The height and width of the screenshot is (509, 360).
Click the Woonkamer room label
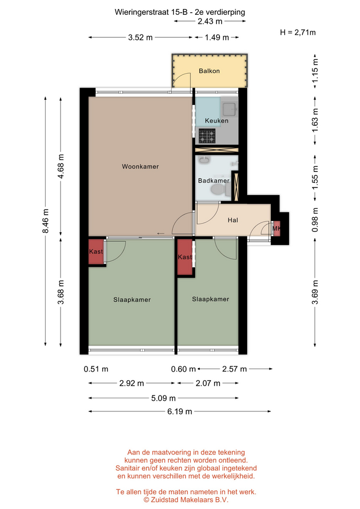point(140,166)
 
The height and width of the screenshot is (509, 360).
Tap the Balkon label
point(209,71)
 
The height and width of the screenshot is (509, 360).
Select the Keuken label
point(216,121)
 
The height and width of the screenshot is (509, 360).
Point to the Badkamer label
point(214,180)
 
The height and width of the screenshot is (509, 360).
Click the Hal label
point(233,220)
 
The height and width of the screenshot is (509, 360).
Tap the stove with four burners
point(207,136)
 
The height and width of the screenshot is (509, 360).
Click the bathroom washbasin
point(205,160)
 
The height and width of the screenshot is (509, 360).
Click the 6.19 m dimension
point(180,411)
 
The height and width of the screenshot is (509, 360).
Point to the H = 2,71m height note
point(297,32)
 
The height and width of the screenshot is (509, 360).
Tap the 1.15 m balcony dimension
point(314,71)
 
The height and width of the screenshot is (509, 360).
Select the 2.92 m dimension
point(131,383)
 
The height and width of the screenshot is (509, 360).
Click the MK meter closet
point(277,228)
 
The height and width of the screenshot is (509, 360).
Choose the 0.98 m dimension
point(314,220)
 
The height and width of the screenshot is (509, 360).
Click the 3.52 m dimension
point(140,38)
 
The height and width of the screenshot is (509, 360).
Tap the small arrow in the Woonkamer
point(160,233)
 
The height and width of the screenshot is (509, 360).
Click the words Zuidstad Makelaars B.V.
point(190,500)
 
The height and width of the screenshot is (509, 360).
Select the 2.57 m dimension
point(235,369)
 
